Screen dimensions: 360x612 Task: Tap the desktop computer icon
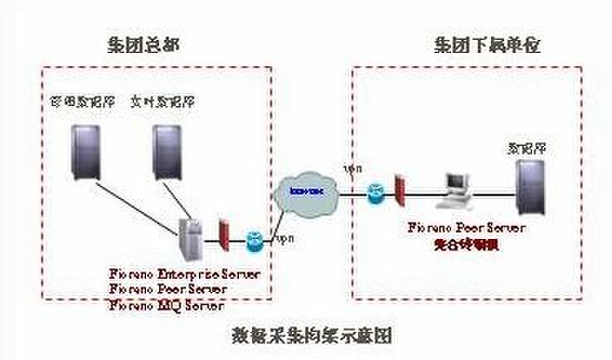455,190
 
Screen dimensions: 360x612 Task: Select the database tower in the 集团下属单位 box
527,187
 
